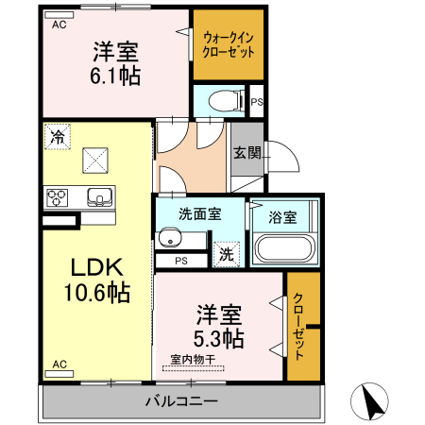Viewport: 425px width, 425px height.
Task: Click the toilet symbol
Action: tap(227, 101)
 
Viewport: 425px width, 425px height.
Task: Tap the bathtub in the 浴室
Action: tap(285, 248)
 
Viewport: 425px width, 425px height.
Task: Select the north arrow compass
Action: tap(369, 401)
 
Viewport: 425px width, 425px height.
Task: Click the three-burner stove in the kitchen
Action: tap(58, 197)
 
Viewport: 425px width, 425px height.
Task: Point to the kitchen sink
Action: tap(100, 196)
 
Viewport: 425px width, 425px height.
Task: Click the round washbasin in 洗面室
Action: tap(170, 238)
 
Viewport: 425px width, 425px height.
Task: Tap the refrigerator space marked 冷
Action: tap(58, 137)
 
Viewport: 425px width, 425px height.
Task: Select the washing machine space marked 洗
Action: tap(227, 254)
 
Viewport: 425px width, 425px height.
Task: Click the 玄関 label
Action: tap(247, 153)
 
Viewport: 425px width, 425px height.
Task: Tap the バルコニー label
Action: tap(181, 401)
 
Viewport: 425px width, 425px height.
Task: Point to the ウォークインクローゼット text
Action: tap(229, 44)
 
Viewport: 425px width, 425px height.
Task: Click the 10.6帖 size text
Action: tap(97, 293)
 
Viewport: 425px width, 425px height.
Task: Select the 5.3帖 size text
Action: tap(219, 338)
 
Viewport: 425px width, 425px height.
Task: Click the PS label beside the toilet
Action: tap(257, 102)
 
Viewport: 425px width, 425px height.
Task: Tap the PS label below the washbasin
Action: tap(181, 261)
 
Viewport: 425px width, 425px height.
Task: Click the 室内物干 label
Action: tap(193, 359)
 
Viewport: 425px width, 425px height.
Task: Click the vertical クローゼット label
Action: tap(298, 326)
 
